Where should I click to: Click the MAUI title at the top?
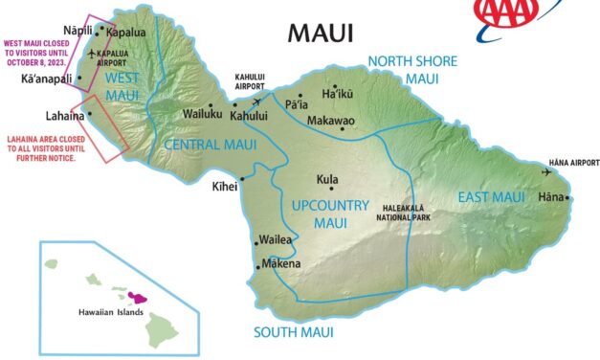321,34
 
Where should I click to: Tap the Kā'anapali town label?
47,78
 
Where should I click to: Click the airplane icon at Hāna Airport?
547,172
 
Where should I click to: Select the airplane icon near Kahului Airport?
259,99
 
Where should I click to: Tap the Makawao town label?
331,122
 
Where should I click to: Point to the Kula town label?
326,179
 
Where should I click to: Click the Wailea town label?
277,241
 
